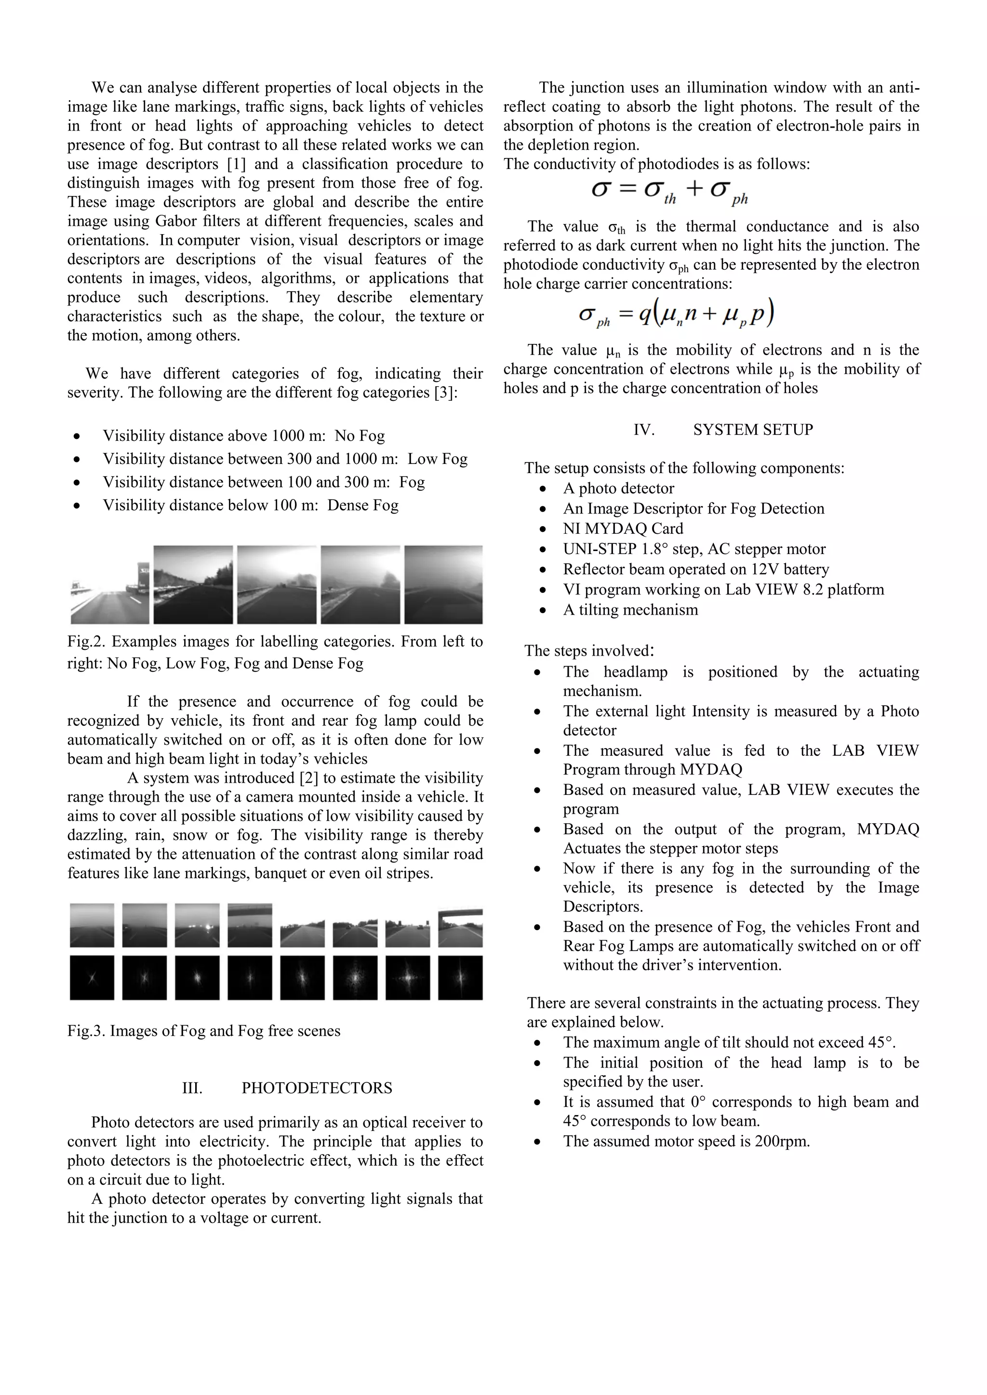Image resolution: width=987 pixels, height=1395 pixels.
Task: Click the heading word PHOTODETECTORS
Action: (x=317, y=1088)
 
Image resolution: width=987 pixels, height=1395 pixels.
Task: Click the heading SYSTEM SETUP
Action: (x=752, y=430)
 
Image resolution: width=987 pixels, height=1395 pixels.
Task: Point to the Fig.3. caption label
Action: (x=86, y=1030)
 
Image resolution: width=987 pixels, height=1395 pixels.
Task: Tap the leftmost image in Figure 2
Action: (x=109, y=584)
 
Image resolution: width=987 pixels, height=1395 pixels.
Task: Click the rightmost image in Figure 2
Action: (x=444, y=584)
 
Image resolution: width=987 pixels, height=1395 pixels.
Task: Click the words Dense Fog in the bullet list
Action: (x=363, y=505)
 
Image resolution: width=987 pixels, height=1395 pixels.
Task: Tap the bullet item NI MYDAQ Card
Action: (x=623, y=528)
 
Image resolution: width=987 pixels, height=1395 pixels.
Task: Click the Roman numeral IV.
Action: (x=643, y=430)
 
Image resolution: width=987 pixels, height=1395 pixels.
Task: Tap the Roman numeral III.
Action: (x=192, y=1088)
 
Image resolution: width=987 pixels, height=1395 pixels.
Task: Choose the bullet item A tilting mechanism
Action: (x=630, y=609)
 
